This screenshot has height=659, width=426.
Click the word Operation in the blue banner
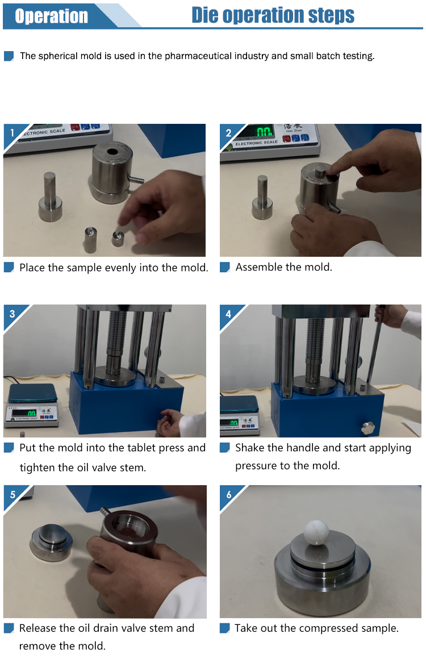click(51, 16)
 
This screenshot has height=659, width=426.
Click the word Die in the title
click(204, 15)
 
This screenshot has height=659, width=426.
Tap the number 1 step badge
click(12, 133)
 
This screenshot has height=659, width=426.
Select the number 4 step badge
click(228, 314)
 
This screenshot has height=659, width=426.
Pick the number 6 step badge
click(229, 494)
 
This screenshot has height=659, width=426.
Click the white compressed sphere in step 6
click(317, 532)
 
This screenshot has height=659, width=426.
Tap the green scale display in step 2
click(264, 132)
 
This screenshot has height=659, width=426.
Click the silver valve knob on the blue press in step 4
click(367, 427)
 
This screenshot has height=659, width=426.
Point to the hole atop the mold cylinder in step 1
click(112, 152)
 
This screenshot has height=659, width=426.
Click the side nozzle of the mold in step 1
click(136, 180)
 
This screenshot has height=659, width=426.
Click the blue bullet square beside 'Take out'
click(225, 628)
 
